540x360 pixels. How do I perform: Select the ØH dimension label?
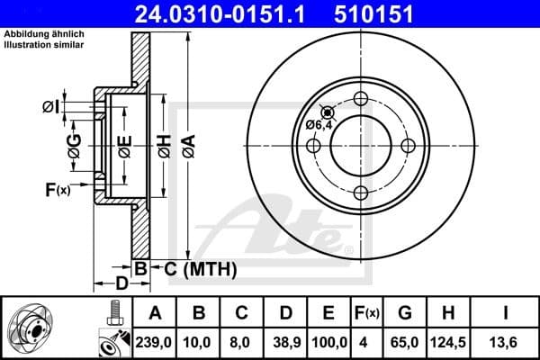pos(163,147)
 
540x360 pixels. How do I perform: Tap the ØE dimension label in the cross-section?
pos(125,146)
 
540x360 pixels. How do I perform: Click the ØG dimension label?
pos(75,146)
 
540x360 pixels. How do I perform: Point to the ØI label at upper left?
pos(50,107)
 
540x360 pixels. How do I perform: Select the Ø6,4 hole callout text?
pos(319,124)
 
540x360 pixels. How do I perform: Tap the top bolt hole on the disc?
pos(362,99)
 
